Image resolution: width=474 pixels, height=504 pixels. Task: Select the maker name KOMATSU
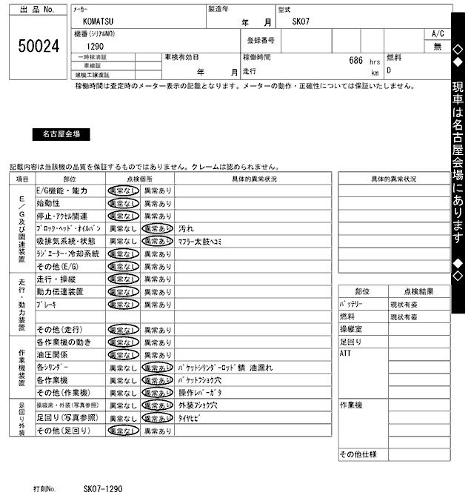[x=94, y=22]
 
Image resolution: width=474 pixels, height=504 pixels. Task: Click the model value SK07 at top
[x=303, y=22]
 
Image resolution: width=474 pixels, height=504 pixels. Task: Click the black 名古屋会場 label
[x=61, y=135]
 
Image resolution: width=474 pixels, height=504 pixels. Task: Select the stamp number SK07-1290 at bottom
[x=102, y=490]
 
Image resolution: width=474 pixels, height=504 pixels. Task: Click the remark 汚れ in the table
[x=187, y=229]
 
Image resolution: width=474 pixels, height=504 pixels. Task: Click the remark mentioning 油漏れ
[x=226, y=368]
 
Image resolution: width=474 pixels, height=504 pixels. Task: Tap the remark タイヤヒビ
[x=191, y=418]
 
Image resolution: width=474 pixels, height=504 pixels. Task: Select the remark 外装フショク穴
[x=198, y=405]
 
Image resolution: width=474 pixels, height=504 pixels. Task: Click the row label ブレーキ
[x=47, y=305]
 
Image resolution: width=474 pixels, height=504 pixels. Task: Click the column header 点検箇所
[x=140, y=179]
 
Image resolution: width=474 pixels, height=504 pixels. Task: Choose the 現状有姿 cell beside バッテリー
[x=404, y=304]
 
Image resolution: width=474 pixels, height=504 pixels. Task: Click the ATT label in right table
[x=345, y=354]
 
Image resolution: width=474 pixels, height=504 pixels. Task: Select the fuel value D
[x=390, y=71]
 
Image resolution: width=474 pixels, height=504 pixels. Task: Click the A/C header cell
[x=437, y=34]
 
